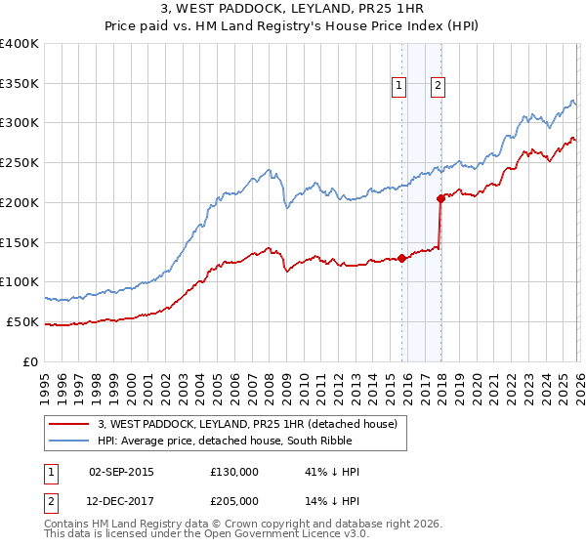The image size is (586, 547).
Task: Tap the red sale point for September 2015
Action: coord(401,258)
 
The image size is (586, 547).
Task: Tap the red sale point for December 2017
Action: coord(440,198)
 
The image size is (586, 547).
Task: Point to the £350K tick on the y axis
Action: coord(20,83)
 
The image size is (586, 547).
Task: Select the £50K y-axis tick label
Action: coord(22,321)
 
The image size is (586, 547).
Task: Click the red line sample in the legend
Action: coord(69,424)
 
